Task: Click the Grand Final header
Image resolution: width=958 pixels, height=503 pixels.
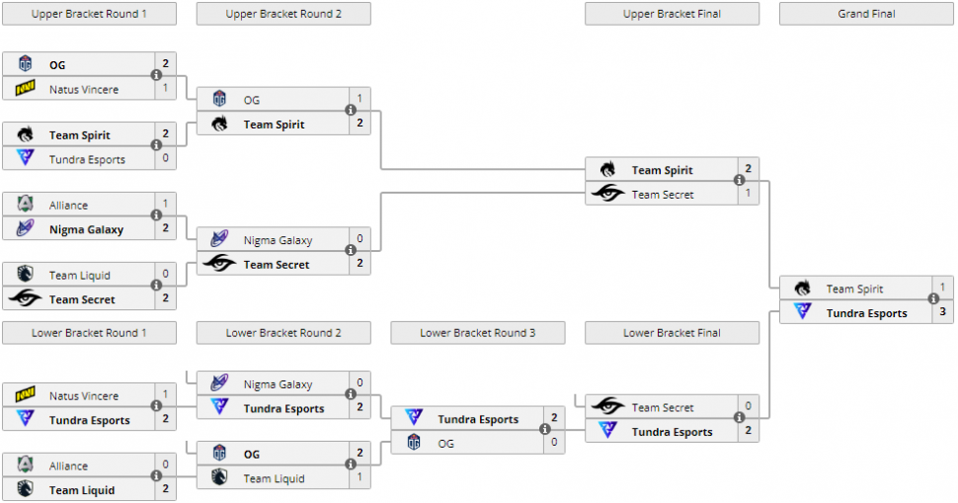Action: point(866,14)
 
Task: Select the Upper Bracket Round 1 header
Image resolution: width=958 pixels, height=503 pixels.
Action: point(89,14)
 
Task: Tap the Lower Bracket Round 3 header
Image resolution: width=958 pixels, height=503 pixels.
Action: point(477,333)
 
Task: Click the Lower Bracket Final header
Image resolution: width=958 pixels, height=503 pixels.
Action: point(672,333)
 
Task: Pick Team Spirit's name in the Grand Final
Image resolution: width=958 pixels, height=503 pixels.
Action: point(854,289)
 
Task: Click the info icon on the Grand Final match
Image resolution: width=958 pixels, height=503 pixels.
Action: point(933,299)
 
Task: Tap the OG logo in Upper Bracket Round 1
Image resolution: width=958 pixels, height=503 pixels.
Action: point(26,65)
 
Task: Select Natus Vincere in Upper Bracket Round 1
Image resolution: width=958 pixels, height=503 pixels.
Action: point(84,90)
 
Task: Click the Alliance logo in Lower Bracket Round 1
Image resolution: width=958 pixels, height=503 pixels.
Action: point(26,465)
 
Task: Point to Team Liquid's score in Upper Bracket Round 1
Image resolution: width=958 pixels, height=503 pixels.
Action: point(165,275)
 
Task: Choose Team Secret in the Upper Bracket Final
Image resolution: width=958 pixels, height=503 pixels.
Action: point(663,195)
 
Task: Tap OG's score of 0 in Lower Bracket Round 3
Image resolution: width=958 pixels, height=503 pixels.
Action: point(554,443)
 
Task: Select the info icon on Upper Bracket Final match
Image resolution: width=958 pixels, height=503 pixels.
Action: point(739,181)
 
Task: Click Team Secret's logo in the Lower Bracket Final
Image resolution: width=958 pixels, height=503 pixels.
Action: point(608,407)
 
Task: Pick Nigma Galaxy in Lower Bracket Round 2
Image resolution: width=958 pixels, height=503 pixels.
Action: point(278,384)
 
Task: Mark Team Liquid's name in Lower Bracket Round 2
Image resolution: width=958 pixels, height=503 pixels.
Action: point(274,478)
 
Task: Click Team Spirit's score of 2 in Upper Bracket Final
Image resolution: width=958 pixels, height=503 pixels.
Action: point(749,169)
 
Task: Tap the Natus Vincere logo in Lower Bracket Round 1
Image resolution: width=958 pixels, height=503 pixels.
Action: point(26,396)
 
